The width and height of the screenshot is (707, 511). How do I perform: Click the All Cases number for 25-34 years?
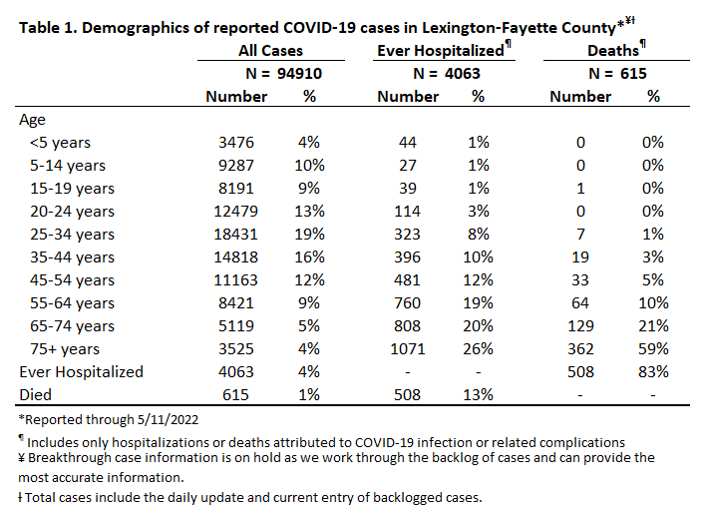(x=235, y=235)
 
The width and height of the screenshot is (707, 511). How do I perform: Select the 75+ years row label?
(x=65, y=349)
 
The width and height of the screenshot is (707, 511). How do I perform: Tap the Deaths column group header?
(x=613, y=50)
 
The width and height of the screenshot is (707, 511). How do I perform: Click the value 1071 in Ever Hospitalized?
(x=408, y=349)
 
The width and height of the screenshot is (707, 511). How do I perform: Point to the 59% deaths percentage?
(x=653, y=349)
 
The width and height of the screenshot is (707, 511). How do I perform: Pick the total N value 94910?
(x=299, y=73)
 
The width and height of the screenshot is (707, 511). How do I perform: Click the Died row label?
(x=35, y=394)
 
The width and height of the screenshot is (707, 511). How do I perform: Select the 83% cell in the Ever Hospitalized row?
(x=653, y=372)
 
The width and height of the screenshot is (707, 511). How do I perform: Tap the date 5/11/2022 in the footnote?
(x=168, y=420)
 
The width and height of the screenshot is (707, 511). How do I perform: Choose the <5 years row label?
(x=60, y=143)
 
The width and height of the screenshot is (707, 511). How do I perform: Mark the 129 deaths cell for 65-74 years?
(x=580, y=326)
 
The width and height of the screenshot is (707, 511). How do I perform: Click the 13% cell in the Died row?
(x=478, y=394)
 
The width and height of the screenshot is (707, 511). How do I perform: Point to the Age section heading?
(x=32, y=120)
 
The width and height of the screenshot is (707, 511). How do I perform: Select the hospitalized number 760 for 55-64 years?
(x=408, y=302)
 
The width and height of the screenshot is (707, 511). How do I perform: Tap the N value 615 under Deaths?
(x=633, y=73)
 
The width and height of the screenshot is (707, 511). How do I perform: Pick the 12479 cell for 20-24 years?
(x=235, y=212)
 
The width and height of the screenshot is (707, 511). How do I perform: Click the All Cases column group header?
(x=270, y=50)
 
